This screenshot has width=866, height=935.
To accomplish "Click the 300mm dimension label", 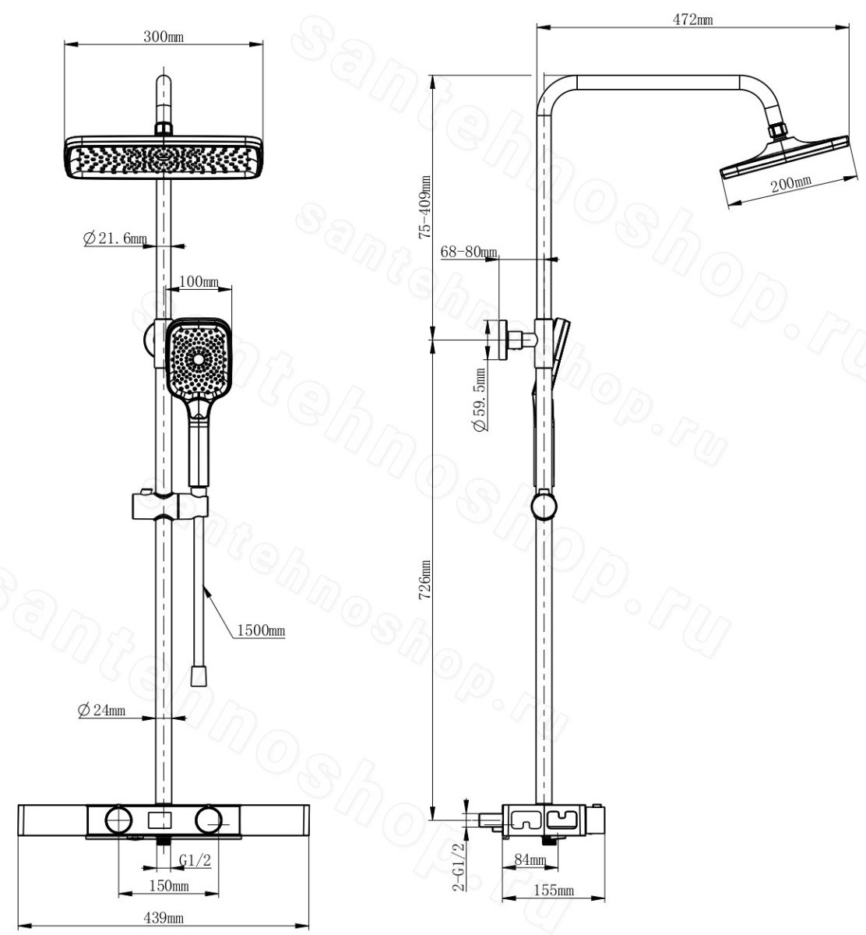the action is click(x=163, y=37).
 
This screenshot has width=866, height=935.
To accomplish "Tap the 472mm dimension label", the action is click(x=692, y=20).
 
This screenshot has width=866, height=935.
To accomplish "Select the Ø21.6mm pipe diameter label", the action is click(x=114, y=238).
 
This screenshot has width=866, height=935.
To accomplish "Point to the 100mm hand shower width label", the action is click(x=199, y=281).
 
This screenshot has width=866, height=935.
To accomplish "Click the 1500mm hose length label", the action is click(x=261, y=630).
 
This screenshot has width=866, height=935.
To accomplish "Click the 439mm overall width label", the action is click(x=163, y=918).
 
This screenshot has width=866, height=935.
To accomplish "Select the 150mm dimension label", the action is click(x=168, y=886).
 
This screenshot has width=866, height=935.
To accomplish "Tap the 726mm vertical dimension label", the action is click(x=425, y=579).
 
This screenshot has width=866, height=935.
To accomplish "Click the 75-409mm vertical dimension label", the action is click(x=425, y=207).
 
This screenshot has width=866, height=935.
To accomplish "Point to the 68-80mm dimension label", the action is click(x=469, y=252).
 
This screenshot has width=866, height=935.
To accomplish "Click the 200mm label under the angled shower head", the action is click(x=792, y=184).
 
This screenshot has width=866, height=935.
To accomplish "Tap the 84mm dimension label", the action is click(x=530, y=860).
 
